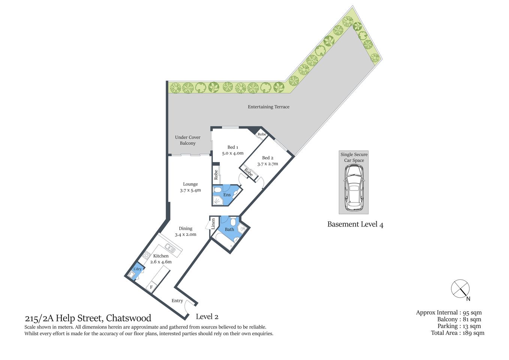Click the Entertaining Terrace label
tap(268, 107)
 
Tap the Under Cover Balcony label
tap(187, 140)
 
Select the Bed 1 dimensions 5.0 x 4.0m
tap(233, 153)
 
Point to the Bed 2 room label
tap(268, 158)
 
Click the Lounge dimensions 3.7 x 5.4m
tap(190, 190)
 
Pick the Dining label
tap(186, 228)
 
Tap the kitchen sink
tap(169, 247)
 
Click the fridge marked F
tap(151, 287)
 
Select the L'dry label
tap(138, 269)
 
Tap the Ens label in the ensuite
tap(227, 195)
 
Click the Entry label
tap(177, 301)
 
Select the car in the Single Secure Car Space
tap(354, 187)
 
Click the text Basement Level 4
tap(355, 225)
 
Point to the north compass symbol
tap(460, 289)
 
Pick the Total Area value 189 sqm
tap(473, 333)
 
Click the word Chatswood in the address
tap(129, 318)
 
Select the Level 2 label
tap(207, 317)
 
